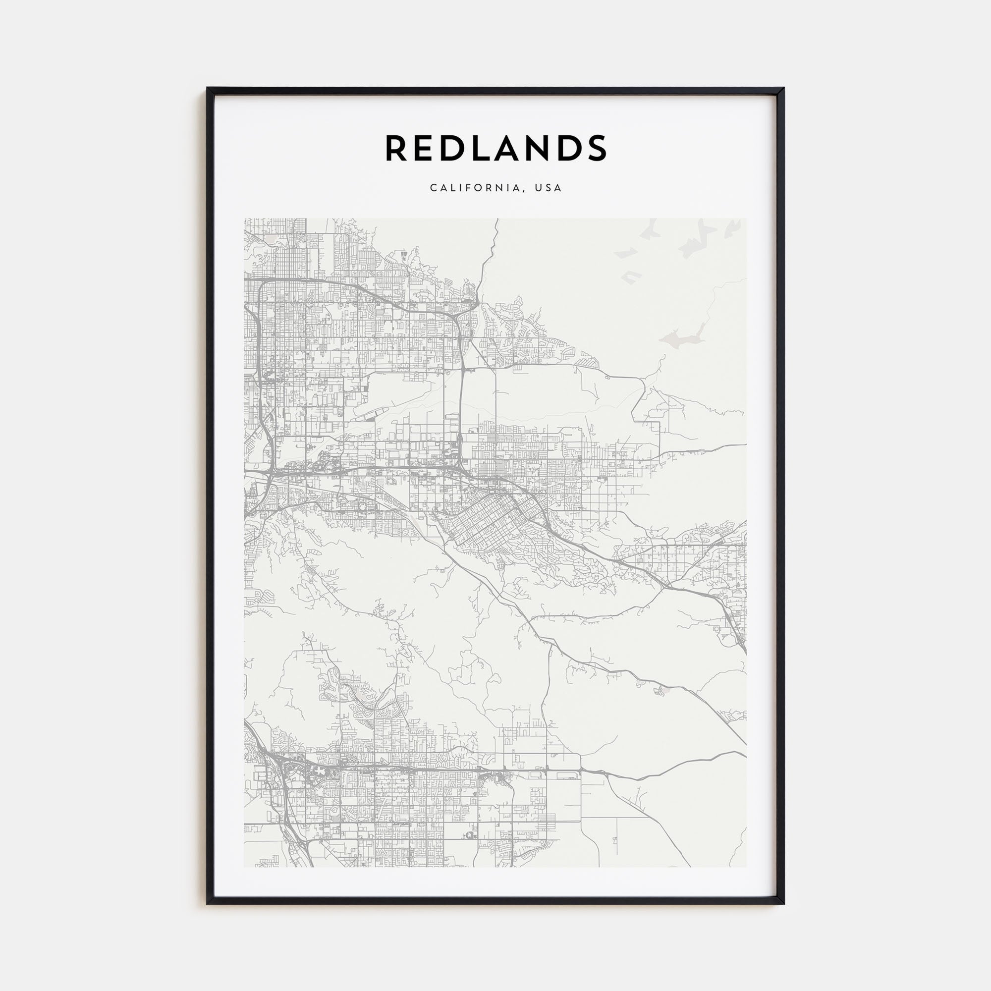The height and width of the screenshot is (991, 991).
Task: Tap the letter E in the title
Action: pyautogui.click(x=427, y=148)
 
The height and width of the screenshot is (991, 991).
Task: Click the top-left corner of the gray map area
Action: pyautogui.click(x=245, y=219)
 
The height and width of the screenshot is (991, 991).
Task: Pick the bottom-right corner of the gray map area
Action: pyautogui.click(x=746, y=866)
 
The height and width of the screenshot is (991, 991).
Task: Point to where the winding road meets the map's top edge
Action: pyautogui.click(x=497, y=220)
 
